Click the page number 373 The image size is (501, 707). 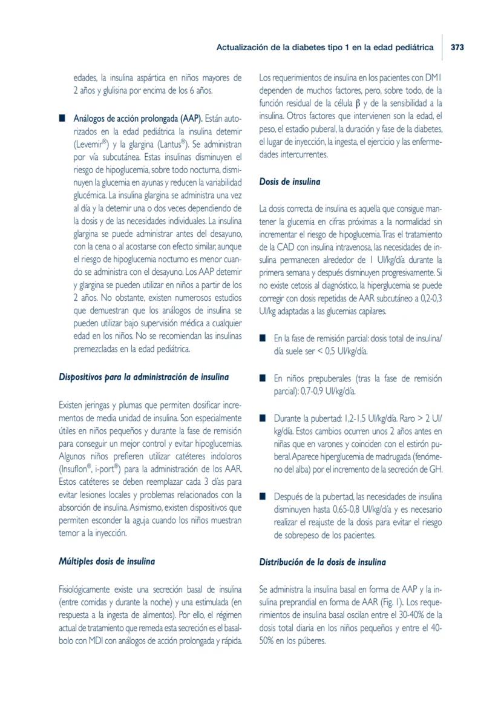(457, 47)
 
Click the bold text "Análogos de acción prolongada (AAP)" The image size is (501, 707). (138, 117)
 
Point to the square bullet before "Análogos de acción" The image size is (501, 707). (62, 117)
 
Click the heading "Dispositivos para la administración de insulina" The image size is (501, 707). (143, 377)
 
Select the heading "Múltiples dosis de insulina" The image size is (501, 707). (106, 561)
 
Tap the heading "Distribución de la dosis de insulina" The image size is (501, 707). (323, 562)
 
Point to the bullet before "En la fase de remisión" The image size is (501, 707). (263, 338)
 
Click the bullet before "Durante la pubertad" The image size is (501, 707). (263, 418)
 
